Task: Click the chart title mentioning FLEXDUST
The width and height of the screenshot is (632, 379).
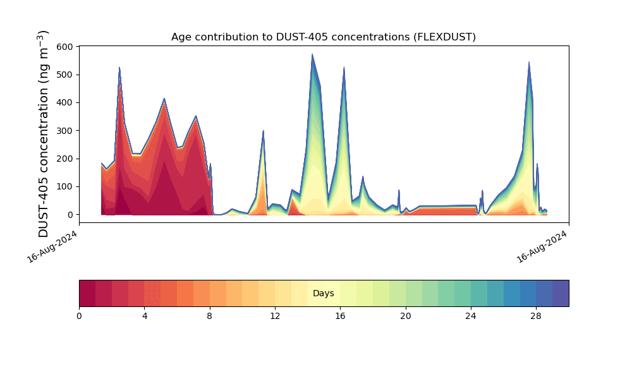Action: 323,37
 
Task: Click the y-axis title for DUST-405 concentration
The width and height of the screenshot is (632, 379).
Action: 43,134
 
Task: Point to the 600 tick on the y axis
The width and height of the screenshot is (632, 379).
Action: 65,47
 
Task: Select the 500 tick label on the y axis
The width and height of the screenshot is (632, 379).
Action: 65,75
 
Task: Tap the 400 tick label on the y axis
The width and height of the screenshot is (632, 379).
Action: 65,103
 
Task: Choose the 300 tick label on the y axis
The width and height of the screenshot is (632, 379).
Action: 65,131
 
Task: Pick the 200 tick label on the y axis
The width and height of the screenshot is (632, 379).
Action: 65,159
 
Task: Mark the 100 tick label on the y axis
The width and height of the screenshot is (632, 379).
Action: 65,187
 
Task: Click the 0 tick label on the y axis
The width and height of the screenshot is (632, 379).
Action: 71,215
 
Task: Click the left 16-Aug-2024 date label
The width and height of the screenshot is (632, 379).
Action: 52,247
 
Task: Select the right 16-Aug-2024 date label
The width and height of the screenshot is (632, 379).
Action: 542,247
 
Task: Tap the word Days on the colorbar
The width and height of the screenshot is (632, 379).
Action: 323,293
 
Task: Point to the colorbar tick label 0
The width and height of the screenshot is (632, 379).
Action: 80,316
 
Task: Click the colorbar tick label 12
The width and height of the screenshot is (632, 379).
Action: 275,316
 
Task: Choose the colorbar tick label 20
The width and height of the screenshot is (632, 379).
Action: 406,316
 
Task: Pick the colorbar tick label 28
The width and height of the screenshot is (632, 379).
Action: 536,316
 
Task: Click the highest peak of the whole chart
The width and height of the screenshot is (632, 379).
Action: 312,54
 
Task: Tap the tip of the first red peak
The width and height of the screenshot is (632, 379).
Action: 119,67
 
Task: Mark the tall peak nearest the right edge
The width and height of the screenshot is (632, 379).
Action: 529,62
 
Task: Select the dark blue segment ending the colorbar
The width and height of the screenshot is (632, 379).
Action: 561,293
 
